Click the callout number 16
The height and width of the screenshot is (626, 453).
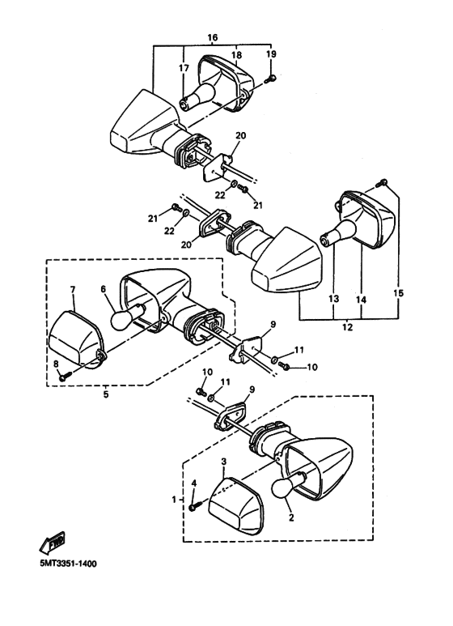click(213, 37)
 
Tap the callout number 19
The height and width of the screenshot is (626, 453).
click(271, 54)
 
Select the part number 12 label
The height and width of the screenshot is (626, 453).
click(347, 327)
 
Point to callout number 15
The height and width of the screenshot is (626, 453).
click(398, 293)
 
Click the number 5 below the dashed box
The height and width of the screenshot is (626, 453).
click(106, 394)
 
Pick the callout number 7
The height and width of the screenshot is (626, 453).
click(73, 289)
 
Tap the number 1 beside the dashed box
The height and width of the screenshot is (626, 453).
click(174, 499)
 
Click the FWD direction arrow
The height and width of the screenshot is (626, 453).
click(53, 543)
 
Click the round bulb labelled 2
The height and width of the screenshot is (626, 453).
click(283, 488)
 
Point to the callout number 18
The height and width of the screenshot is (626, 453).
click(236, 54)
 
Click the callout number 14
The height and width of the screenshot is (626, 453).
click(362, 300)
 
